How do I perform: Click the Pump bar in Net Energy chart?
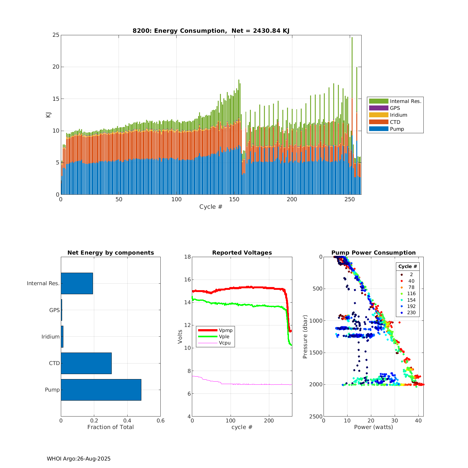tap(101, 390)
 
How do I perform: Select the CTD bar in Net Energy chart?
tap(86, 363)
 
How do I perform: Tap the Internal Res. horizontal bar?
tap(77, 283)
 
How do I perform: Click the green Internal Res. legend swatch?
tap(378, 101)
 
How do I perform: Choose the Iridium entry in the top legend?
tap(398, 115)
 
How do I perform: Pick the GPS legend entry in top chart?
tap(395, 108)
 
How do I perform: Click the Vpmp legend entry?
tap(225, 330)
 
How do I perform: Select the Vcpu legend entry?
tap(225, 343)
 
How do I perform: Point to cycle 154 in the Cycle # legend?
tap(411, 300)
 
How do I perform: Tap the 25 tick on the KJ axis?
tap(56, 35)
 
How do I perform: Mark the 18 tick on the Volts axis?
tap(188, 257)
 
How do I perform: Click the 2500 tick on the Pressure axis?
tap(316, 416)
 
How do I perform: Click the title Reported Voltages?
tap(242, 253)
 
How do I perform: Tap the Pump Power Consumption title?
tap(373, 253)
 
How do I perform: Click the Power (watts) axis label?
tap(373, 427)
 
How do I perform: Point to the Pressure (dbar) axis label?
tap(305, 336)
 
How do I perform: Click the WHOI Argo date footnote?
tap(79, 459)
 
